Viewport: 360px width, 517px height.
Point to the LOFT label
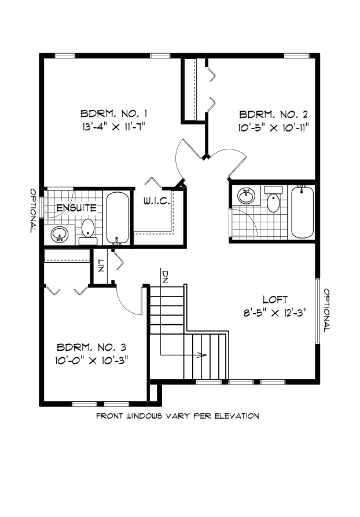click(275, 299)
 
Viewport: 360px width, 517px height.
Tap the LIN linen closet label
click(100, 267)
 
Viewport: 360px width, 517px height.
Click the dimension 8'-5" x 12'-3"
click(275, 311)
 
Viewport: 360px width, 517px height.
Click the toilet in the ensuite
click(88, 229)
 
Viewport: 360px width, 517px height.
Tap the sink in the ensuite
click(59, 234)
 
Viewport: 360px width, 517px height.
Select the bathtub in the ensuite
click(119, 217)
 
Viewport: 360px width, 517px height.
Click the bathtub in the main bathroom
click(302, 211)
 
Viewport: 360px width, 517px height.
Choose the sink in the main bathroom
click(247, 195)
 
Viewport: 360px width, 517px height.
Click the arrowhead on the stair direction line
click(204, 355)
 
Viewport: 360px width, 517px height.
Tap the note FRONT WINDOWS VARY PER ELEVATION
click(177, 416)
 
